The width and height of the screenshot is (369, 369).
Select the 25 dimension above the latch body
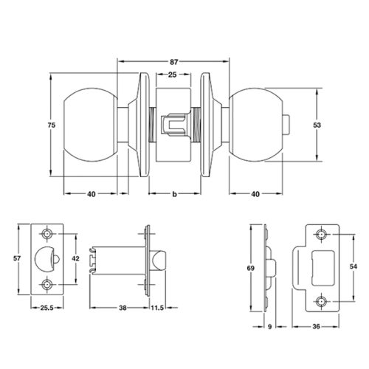pyautogui.click(x=171, y=75)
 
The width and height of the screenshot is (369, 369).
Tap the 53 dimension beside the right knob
pyautogui.click(x=317, y=126)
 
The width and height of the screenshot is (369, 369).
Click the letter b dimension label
pyautogui.click(x=173, y=194)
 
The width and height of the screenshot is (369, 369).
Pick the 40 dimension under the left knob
pyautogui.click(x=92, y=194)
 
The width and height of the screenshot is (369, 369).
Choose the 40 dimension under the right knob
pyautogui.click(x=255, y=194)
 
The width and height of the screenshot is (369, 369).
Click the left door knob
pyautogui.click(x=93, y=125)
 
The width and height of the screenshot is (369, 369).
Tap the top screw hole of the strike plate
pyautogui.click(x=322, y=235)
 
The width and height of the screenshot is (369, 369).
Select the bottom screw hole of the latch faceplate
pyautogui.click(x=49, y=283)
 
